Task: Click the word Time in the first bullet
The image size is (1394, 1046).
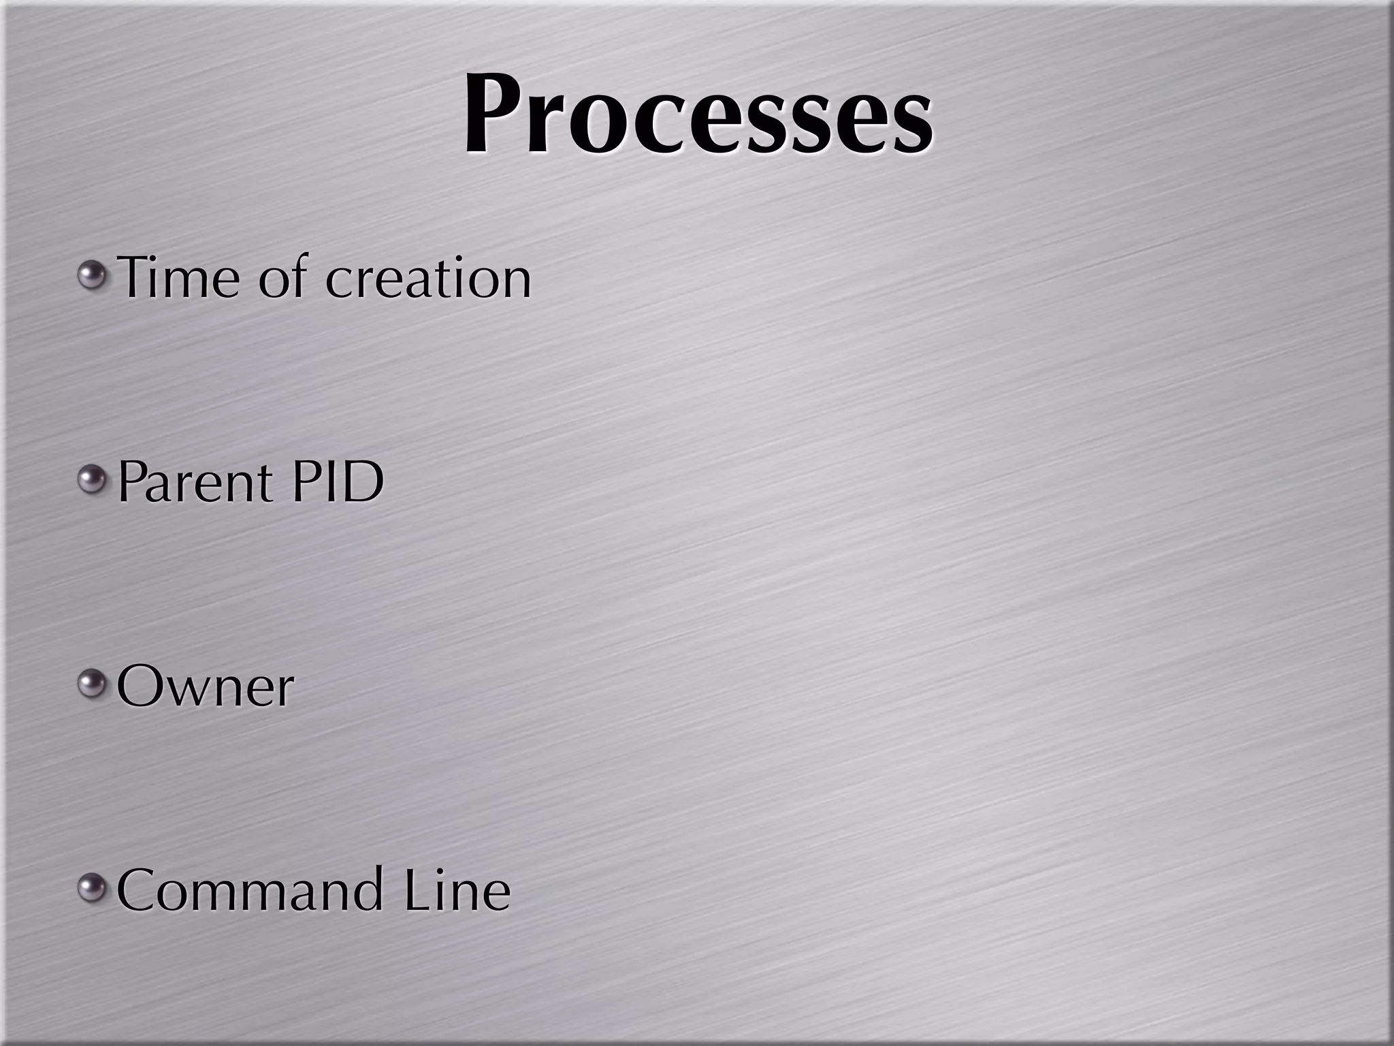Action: [179, 277]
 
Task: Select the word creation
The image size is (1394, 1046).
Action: [428, 279]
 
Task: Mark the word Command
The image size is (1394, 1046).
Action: [250, 891]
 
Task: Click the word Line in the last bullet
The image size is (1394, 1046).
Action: [457, 891]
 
